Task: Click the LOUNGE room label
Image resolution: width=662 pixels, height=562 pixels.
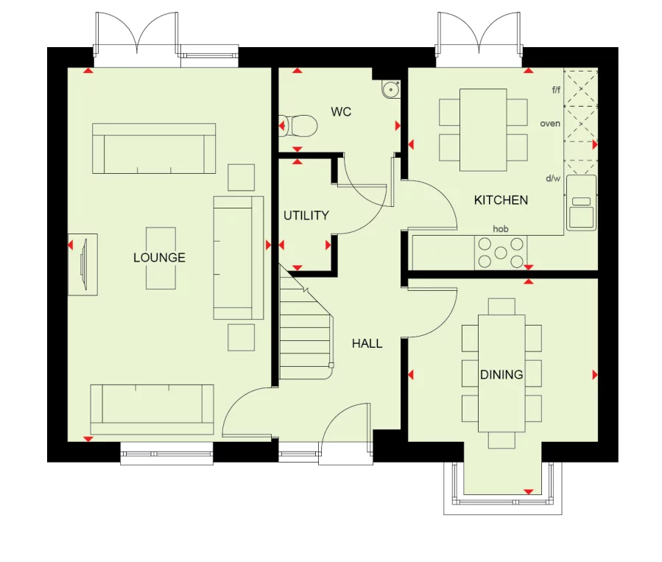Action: tap(159, 258)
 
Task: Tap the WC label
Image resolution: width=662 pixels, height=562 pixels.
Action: tap(341, 112)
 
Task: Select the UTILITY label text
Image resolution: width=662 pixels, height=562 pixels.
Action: tap(306, 216)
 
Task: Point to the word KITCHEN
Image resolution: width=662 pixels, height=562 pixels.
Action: tap(501, 200)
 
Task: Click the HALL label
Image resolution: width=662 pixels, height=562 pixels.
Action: tap(367, 343)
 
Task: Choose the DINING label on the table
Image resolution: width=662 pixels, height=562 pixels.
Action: tap(501, 375)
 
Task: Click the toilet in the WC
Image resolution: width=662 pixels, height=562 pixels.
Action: tap(300, 126)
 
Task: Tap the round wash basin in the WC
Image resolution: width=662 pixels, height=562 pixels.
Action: tap(390, 89)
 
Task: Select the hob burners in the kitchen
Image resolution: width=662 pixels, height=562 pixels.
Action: tap(501, 252)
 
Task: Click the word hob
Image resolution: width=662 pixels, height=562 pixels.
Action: tap(501, 229)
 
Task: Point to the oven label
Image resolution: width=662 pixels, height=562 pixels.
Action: tap(550, 124)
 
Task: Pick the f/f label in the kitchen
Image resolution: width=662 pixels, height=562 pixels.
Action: tap(556, 90)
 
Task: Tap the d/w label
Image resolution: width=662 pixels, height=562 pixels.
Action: tap(552, 178)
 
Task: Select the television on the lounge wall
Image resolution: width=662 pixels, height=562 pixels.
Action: tap(85, 264)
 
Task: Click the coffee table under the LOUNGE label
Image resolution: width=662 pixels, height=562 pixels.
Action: tap(161, 258)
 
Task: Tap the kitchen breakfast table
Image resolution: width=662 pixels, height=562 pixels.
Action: tap(483, 130)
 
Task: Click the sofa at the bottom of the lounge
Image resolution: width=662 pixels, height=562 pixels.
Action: tap(152, 409)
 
